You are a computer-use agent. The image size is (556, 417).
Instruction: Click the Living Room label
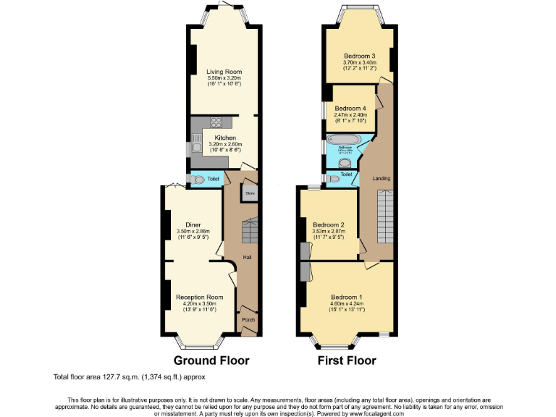224,72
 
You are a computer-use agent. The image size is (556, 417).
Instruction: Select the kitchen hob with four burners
214,122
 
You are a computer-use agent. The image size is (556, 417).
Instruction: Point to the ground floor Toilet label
213,179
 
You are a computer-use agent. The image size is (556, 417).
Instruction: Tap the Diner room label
193,225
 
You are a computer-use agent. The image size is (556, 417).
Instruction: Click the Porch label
248,319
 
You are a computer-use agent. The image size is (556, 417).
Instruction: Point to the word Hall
248,257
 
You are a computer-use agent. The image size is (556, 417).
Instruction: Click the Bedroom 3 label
359,56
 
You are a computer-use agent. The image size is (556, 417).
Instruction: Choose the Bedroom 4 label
350,109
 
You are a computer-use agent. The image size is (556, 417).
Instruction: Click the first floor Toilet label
346,174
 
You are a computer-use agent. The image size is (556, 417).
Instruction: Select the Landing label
381,177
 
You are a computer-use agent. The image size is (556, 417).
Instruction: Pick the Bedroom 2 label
328,224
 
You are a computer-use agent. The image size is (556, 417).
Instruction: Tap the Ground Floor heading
211,360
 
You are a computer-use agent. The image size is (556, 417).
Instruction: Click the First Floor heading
346,360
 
